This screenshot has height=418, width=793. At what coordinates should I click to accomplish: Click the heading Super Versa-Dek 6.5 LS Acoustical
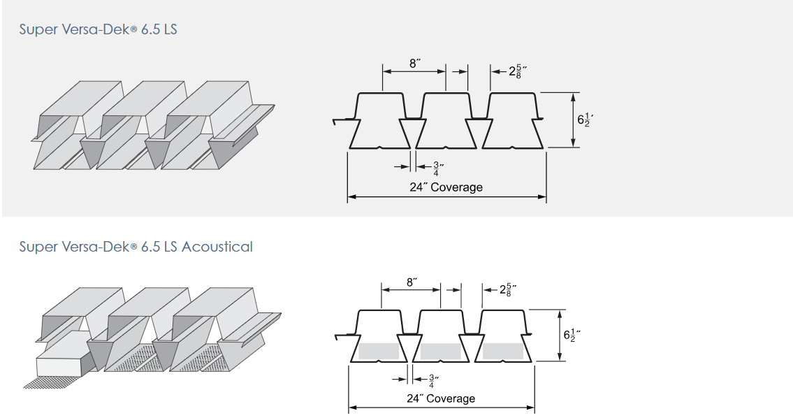point(136,247)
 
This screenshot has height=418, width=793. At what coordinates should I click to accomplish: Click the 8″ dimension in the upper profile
point(415,64)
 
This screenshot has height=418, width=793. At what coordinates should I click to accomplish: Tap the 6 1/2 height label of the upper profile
point(585,120)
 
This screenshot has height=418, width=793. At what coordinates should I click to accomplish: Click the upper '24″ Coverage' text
point(446,187)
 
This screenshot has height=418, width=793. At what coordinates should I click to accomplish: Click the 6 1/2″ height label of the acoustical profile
point(572,335)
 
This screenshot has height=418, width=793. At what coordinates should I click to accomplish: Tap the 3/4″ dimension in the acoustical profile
point(433,380)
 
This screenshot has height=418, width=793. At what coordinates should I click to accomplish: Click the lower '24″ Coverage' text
point(441,398)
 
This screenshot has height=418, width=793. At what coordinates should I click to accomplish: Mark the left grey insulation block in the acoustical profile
point(378,351)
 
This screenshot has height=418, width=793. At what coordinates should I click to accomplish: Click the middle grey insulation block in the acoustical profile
point(440,351)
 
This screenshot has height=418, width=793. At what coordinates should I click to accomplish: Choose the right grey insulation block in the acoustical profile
point(503,351)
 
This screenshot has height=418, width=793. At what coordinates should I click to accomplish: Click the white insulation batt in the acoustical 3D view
point(63,355)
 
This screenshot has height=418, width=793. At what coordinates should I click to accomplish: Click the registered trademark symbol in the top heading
point(133,30)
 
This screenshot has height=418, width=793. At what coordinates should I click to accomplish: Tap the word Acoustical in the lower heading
point(217,247)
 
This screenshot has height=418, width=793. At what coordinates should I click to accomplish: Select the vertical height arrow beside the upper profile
point(573,120)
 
